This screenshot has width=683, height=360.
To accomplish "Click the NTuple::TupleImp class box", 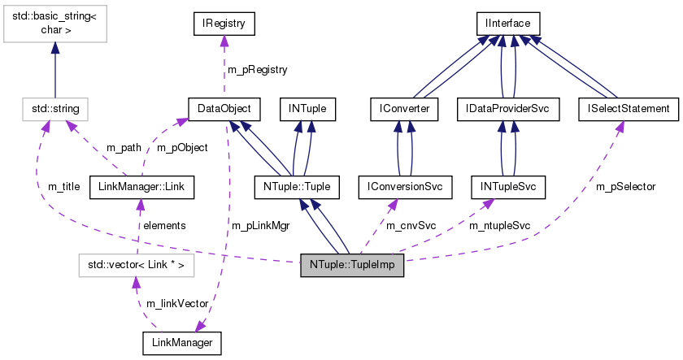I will coord(352,265).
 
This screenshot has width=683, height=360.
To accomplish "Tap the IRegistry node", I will coord(224,24).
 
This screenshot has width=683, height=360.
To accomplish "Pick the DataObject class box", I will coord(224,108).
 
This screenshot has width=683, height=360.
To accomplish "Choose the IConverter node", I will coord(404,108).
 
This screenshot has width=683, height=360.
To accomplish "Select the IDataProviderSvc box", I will coord(508,108).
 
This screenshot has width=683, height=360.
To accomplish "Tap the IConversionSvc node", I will coord(404,187).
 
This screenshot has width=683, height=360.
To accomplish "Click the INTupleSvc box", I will coord(508,187).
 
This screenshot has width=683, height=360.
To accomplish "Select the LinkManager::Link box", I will coord(141,187).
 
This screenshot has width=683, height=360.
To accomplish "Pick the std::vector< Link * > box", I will coord(136,265).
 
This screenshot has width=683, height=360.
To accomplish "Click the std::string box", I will coord(55,108).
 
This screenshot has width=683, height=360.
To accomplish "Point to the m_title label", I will coord(63,187).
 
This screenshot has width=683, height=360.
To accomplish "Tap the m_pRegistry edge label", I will coord(258,70).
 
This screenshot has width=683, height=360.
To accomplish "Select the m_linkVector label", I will coord(176,303).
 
